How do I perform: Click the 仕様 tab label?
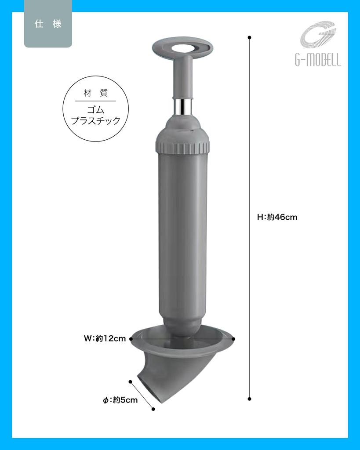[47, 25]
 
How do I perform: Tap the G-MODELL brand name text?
[318, 61]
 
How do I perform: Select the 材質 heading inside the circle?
[95, 93]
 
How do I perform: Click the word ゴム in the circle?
[95, 109]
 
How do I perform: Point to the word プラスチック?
[95, 121]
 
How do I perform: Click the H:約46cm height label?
[277, 217]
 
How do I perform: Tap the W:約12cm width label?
[105, 338]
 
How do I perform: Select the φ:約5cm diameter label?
[120, 400]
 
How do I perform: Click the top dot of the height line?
[249, 38]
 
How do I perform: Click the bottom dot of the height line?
[249, 399]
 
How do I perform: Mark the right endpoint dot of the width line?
[233, 339]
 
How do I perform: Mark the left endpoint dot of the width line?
[131, 339]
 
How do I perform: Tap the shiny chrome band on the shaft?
[182, 106]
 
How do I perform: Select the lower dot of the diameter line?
[153, 409]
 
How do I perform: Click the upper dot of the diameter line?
[131, 381]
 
